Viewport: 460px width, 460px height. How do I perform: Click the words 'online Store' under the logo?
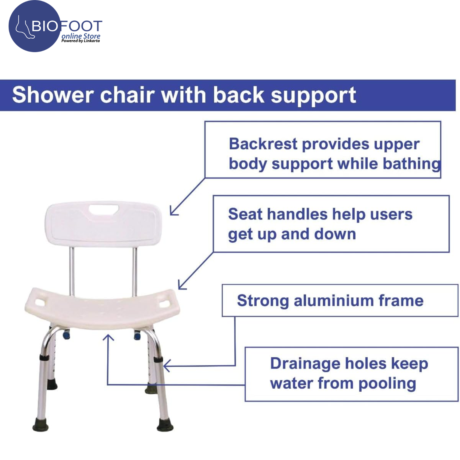click(x=81, y=36)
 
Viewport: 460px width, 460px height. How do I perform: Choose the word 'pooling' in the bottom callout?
click(x=387, y=384)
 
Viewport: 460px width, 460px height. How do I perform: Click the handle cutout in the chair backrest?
click(x=104, y=210)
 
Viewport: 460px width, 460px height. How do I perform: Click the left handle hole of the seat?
click(x=40, y=302)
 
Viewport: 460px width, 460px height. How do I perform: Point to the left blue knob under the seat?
click(x=67, y=335)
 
